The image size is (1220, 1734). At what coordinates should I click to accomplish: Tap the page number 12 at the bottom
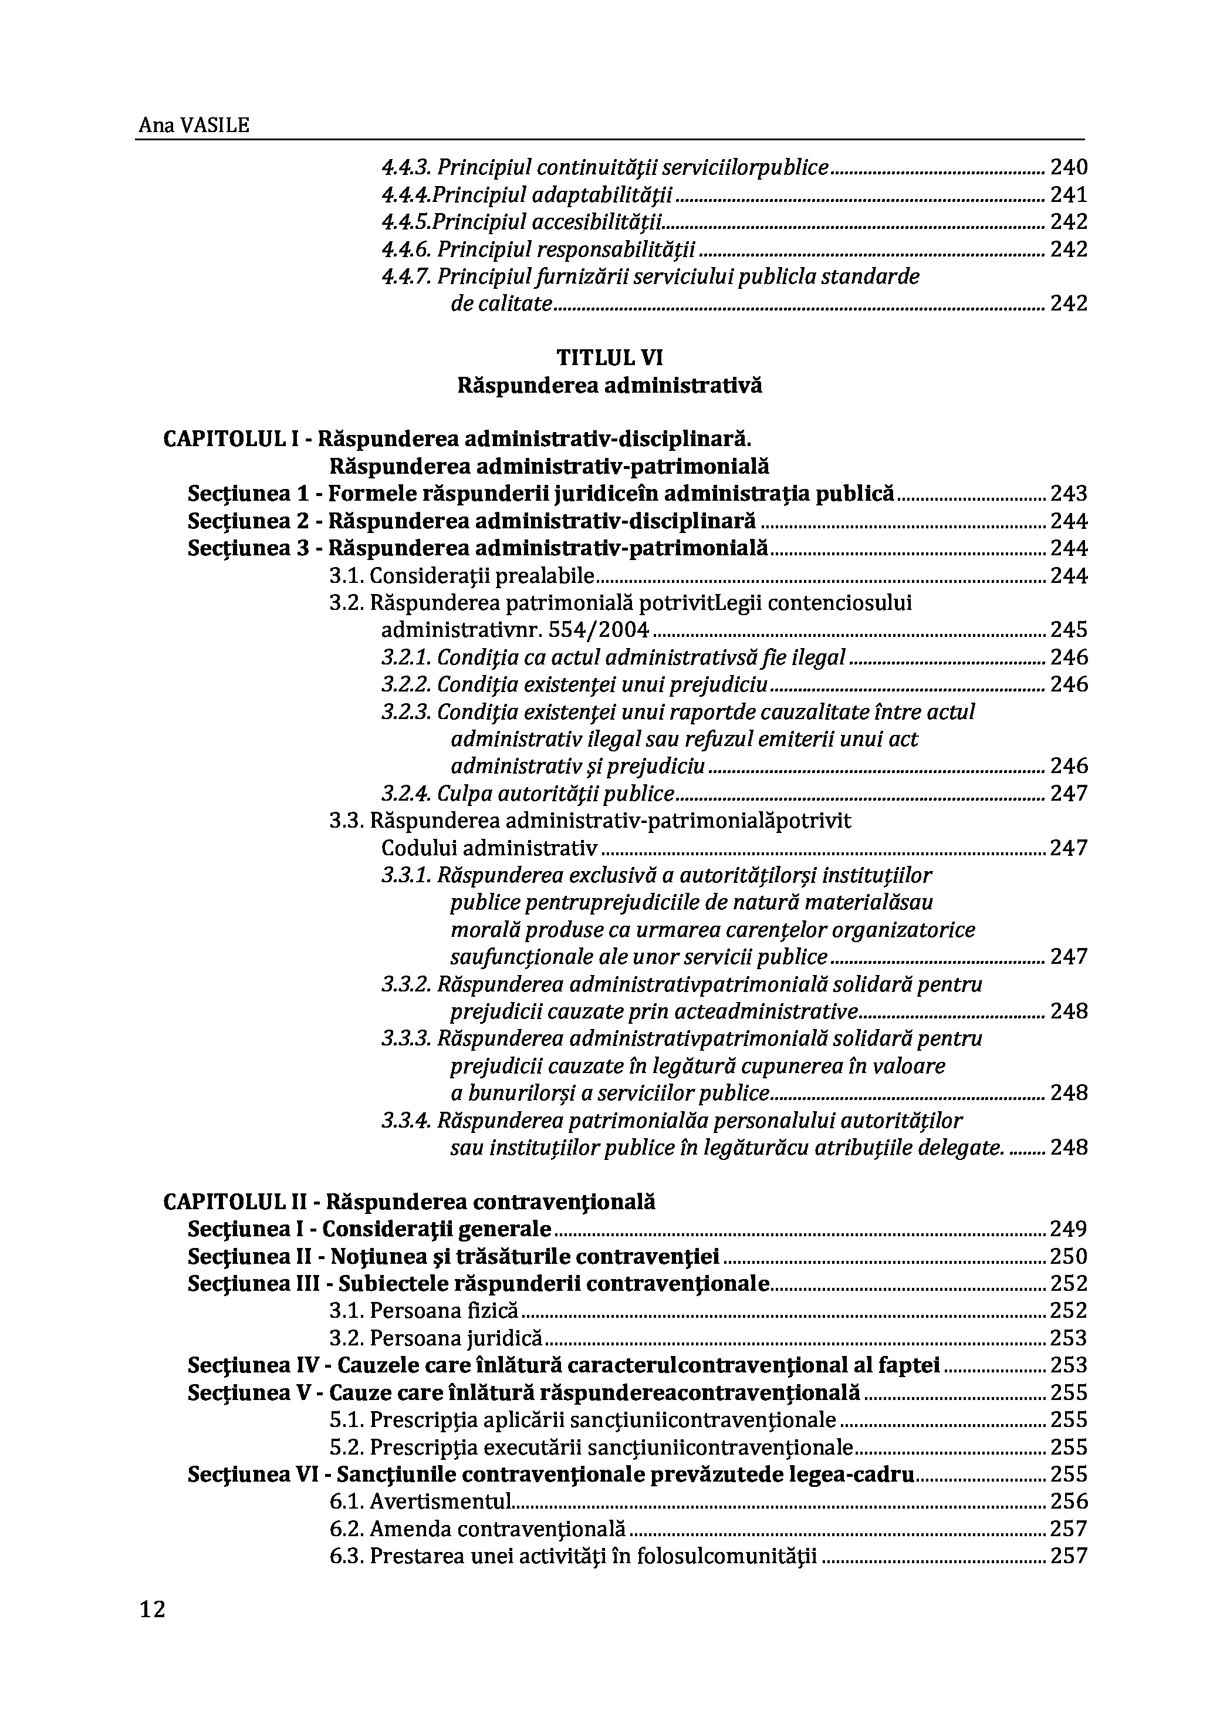(x=152, y=1610)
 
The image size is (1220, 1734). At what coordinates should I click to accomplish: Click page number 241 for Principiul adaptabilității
(x=1068, y=195)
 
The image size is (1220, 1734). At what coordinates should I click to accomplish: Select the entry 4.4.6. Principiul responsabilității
(x=538, y=249)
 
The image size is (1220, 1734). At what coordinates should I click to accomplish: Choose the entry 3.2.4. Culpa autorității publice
(x=528, y=794)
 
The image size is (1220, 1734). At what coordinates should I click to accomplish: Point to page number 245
(x=1068, y=630)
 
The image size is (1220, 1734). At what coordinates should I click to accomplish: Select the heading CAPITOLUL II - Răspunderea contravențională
(x=409, y=1202)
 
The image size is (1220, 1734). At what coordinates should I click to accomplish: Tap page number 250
(x=1068, y=1257)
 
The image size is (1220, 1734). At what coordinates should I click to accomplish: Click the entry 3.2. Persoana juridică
(x=437, y=1338)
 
